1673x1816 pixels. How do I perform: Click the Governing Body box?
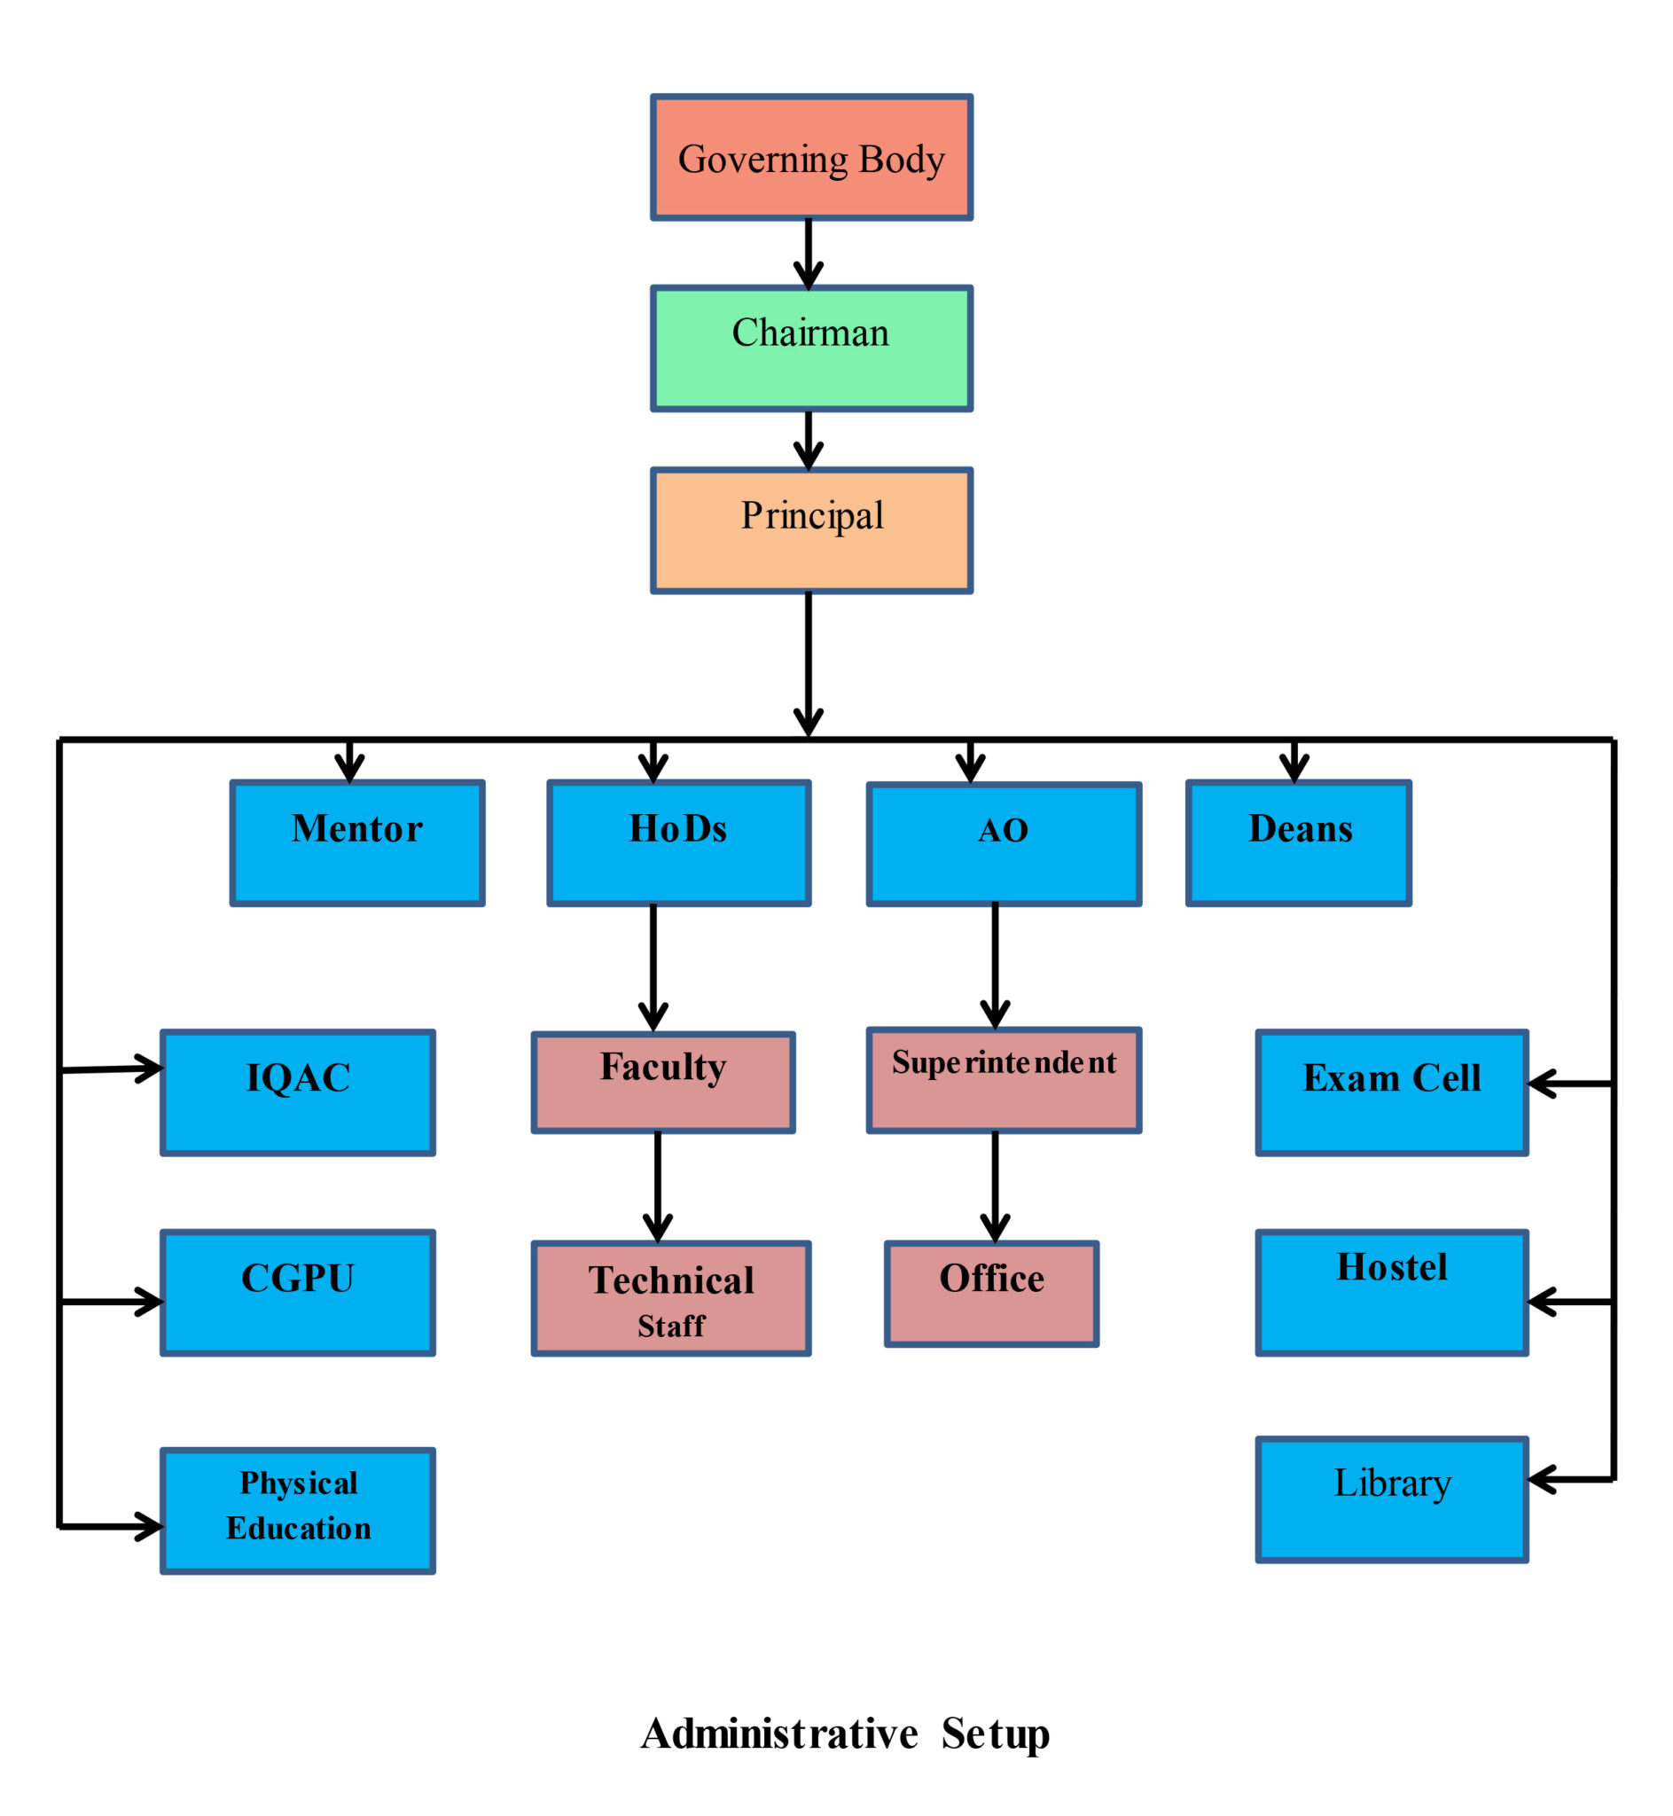811,158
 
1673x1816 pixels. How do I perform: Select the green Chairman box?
811,348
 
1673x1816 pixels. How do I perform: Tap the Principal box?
811,530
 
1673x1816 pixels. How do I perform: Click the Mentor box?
357,842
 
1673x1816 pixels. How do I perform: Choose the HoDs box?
679,842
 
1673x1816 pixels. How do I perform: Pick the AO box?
1004,844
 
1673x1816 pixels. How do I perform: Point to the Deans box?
1298,842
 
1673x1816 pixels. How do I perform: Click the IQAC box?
298,1092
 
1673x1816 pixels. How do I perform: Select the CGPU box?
298,1293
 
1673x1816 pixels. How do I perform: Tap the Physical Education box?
298,1511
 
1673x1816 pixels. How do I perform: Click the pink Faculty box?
663,1083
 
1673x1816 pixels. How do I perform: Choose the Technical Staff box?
671,1298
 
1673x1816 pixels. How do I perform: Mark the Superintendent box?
1004,1080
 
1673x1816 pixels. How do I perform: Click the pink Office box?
991,1294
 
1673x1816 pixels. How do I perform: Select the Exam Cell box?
1391,1092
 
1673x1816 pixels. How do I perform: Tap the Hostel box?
1391,1293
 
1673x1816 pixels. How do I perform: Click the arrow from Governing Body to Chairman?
809,254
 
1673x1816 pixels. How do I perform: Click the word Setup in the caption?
995,1734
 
